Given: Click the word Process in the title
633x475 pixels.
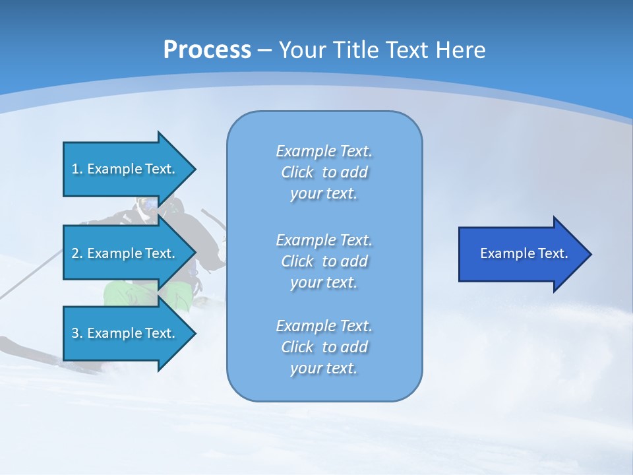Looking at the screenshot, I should [207, 50].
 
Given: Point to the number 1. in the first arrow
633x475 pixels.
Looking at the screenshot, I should [77, 169].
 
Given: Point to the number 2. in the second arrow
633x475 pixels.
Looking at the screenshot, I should [77, 253].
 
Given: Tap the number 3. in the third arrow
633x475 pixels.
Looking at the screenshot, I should [77, 333].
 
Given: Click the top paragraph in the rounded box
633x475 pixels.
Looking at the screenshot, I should [324, 172].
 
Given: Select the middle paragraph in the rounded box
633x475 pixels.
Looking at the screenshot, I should [324, 261].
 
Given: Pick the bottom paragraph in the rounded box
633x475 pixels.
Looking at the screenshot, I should [324, 347].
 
